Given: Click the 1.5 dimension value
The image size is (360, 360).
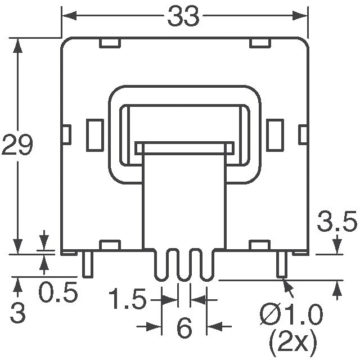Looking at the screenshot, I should click(128, 299).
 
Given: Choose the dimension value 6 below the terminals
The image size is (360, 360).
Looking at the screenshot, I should click(184, 329).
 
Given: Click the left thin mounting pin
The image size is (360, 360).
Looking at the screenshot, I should click(87, 264).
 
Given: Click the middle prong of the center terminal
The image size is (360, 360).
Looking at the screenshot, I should click(184, 264).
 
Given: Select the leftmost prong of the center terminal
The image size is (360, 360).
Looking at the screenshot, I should click(161, 264).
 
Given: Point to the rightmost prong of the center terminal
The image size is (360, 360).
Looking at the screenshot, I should click(207, 264).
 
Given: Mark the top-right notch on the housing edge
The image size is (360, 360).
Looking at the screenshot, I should click(259, 43).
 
